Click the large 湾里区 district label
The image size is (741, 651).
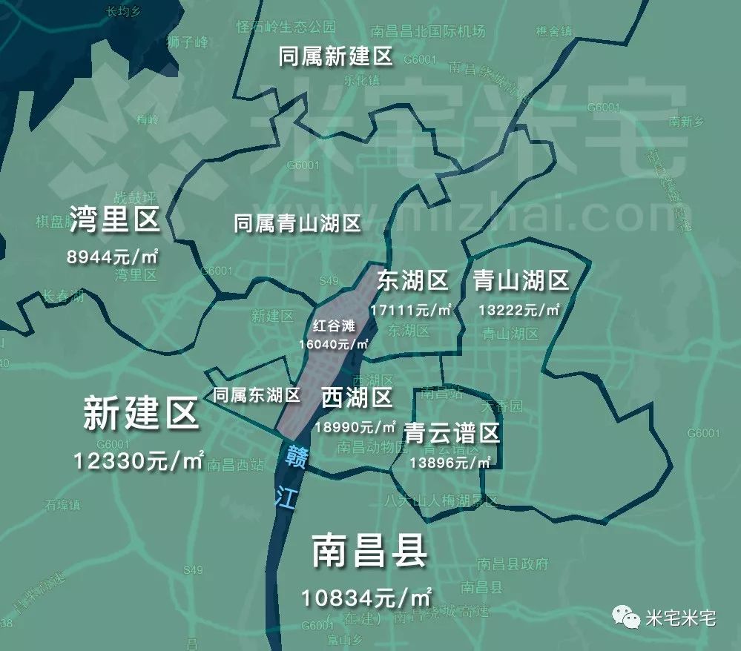(x=115, y=219)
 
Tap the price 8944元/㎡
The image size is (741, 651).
(x=115, y=257)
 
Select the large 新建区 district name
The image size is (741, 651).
(x=141, y=414)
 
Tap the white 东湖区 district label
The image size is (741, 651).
(x=412, y=281)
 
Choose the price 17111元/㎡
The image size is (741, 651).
(x=412, y=309)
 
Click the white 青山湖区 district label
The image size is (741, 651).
(x=521, y=281)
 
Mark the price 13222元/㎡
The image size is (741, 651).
(x=518, y=309)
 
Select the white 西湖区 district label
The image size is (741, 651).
(x=357, y=397)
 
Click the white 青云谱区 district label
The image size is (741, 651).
(x=452, y=433)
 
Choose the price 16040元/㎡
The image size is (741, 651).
(x=334, y=344)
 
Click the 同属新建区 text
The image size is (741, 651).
(x=335, y=57)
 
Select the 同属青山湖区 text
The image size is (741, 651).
(x=297, y=223)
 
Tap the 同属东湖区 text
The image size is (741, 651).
(x=257, y=395)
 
